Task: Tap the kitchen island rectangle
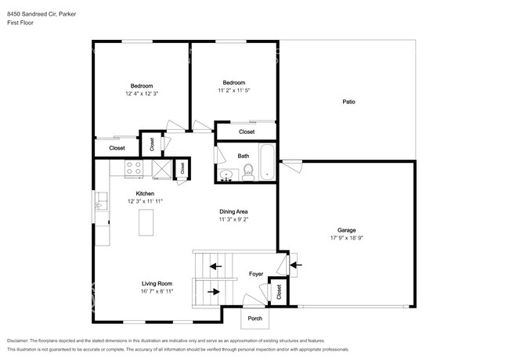145,223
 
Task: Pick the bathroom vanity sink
227,175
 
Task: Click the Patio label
348,102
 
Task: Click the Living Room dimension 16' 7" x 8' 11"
157,291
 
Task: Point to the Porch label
254,319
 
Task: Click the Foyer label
256,275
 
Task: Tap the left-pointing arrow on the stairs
213,267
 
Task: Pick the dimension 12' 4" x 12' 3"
142,93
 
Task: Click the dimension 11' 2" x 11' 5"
233,91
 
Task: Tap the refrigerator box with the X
161,167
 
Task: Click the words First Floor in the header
21,23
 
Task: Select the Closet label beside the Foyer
280,291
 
